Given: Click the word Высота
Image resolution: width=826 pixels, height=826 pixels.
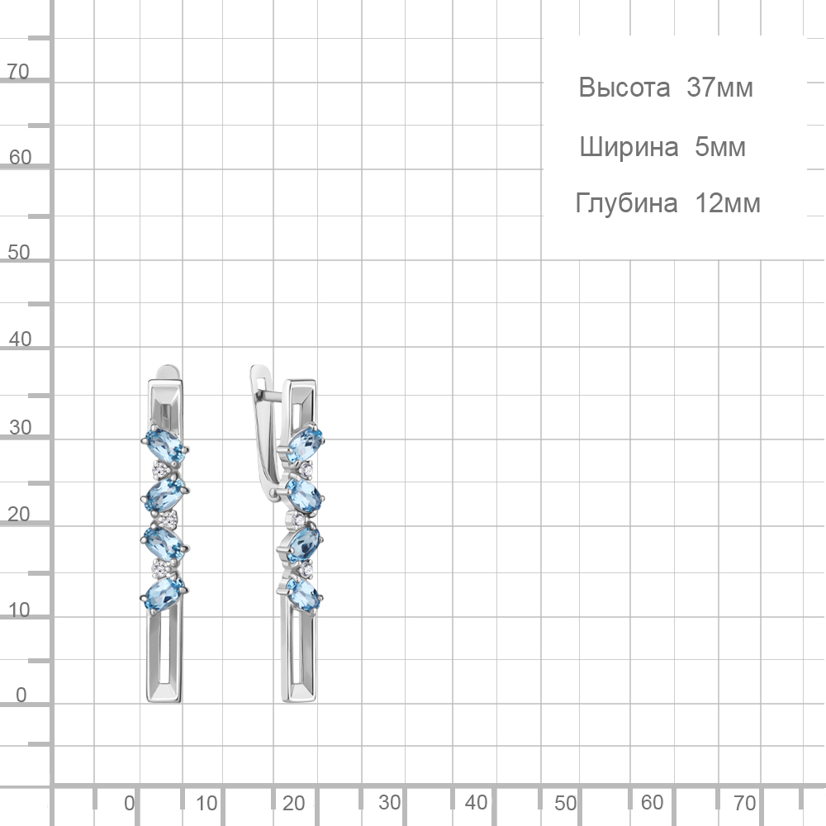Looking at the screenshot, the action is point(624,88).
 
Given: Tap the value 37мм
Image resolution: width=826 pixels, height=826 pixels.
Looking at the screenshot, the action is point(719,88).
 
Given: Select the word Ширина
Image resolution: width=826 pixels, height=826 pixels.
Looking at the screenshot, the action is point(629,147).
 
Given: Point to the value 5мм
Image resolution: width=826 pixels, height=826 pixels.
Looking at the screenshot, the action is point(720,147).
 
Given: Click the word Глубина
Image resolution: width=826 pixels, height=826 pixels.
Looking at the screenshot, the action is point(626,203).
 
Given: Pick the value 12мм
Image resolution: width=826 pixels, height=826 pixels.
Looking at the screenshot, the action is point(728,203).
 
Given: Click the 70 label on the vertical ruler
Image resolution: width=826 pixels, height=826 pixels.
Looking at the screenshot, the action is point(18,72).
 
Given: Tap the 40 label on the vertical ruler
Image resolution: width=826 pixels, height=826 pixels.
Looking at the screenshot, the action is point(20,339).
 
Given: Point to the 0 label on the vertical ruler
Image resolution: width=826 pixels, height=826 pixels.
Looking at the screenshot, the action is point(21,695).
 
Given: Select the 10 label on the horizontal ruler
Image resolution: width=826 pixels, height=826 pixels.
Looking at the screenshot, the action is point(206,804).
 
